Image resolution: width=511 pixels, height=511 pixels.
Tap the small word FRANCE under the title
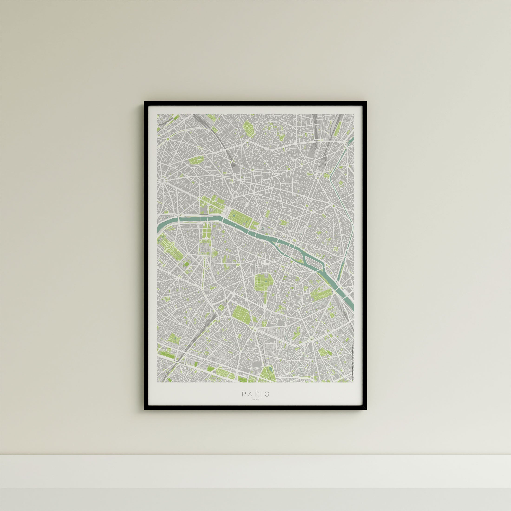click(255, 406)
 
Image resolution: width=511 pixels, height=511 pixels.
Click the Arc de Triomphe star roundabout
click(161, 181)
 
